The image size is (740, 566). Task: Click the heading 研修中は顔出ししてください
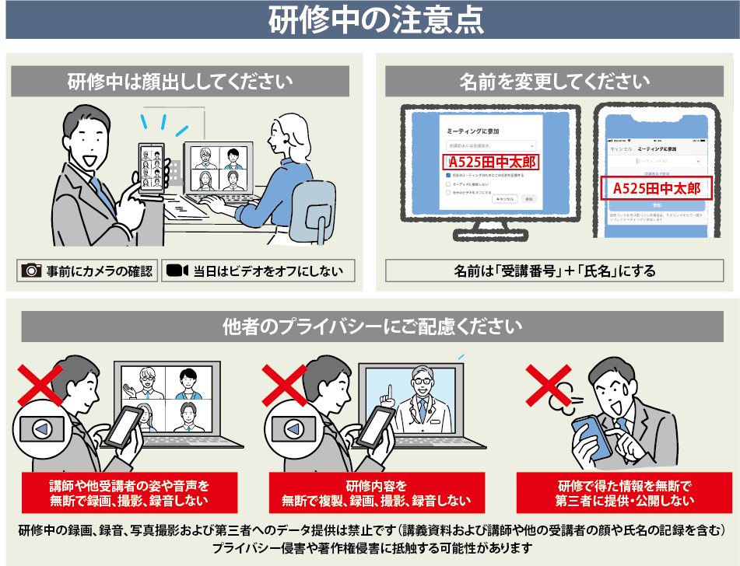click(180, 81)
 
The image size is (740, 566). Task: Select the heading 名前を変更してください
click(554, 81)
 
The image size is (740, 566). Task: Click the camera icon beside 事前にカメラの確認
click(31, 271)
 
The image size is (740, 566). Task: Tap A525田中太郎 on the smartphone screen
click(656, 188)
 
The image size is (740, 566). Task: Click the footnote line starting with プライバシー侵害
click(371, 549)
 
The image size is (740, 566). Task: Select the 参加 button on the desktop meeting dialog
click(529, 199)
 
